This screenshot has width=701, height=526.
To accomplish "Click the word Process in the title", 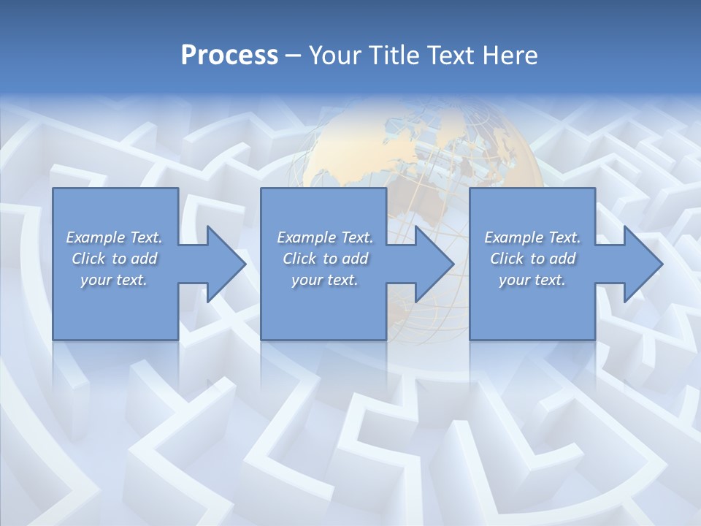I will coord(229,56).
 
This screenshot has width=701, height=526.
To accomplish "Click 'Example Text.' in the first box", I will coord(114,237).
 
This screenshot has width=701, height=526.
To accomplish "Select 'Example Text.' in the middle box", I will coord(325,237).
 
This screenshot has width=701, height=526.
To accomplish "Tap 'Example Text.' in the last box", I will coord(532,237).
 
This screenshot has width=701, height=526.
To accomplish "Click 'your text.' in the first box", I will coord(114,280).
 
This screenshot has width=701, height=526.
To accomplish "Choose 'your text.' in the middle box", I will coord(325,280).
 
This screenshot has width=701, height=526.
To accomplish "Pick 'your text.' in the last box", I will coord(532,280).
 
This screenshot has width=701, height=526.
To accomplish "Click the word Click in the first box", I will coord(88,259).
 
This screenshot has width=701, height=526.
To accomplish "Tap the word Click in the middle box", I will coord(299,259).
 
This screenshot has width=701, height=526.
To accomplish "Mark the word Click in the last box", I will coord(507,259).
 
